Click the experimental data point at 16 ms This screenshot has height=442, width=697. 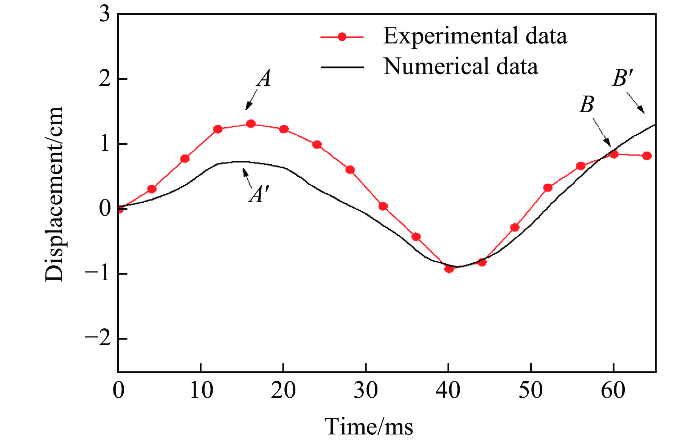251,124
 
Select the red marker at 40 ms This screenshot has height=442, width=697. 449,269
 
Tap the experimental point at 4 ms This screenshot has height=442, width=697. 152,189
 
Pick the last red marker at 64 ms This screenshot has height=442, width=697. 647,156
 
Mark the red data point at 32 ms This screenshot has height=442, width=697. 383,206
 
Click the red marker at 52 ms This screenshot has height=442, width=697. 548,187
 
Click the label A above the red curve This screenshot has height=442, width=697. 264,79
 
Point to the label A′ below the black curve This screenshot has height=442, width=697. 259,195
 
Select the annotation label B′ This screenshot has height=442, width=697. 622,79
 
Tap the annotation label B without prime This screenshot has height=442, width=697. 587,104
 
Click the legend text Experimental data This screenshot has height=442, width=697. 475,36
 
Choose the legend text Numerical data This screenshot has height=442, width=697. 461,66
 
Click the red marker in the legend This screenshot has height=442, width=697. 342,37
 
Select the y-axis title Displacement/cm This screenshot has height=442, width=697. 54,194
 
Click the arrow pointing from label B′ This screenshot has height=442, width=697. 635,103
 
